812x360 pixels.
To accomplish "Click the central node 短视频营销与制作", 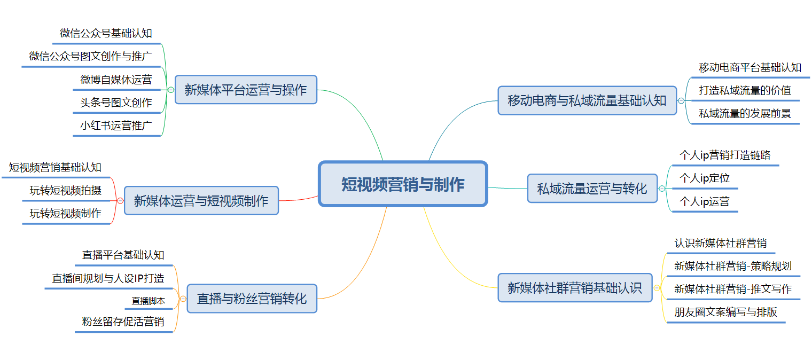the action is coord(403,184).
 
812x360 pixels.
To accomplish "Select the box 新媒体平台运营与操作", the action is coord(246,90).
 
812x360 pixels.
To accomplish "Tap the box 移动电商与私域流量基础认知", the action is coord(587,100).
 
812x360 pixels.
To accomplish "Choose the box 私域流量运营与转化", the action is coord(592,189).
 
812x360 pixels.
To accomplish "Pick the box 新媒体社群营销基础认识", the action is coord(575,288).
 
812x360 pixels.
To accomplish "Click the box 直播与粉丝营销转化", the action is coord(252,299).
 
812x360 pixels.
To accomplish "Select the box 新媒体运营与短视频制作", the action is coord(201,200).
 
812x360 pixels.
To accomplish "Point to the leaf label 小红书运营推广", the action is coord(116,126).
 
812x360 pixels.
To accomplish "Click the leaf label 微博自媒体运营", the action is coord(116,80).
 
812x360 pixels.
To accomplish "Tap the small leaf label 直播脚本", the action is coord(149,301).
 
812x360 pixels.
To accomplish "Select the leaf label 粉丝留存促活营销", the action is coord(123,322).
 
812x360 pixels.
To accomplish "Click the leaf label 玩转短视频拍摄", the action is coord(66,190).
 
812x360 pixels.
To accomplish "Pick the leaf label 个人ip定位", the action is coord(704,178).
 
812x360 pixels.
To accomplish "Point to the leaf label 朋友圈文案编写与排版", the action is coord(725,312).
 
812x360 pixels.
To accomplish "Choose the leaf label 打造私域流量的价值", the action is coord(745,90).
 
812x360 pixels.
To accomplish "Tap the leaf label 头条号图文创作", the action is coord(116,103).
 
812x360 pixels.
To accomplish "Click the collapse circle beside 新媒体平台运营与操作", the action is coord(171,90).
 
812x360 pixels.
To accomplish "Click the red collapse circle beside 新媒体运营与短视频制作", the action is coord(120,200).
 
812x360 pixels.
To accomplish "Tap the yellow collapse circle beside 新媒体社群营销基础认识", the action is coord(657,288).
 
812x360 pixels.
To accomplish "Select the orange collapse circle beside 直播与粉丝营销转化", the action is coord(183,299).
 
